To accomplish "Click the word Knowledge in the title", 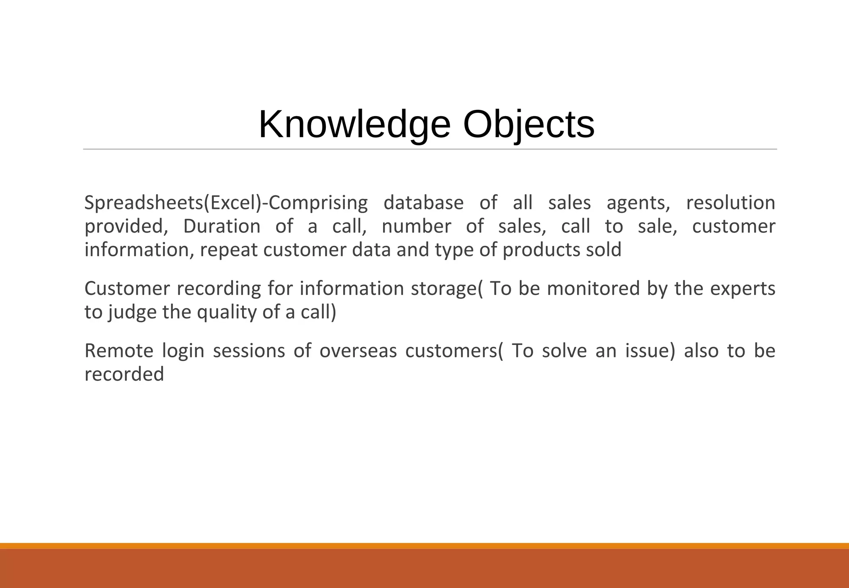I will (354, 125).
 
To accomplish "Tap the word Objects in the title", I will (529, 125).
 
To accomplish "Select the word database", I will (423, 203).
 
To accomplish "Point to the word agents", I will (638, 203).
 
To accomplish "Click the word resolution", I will (730, 203).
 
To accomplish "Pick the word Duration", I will (222, 226).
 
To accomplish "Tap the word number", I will (416, 226).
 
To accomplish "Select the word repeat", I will (229, 250).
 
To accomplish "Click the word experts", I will (742, 289).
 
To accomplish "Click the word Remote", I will (119, 351).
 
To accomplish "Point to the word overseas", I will (358, 351).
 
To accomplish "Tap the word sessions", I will (249, 351).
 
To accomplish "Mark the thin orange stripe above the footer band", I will (424, 546).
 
